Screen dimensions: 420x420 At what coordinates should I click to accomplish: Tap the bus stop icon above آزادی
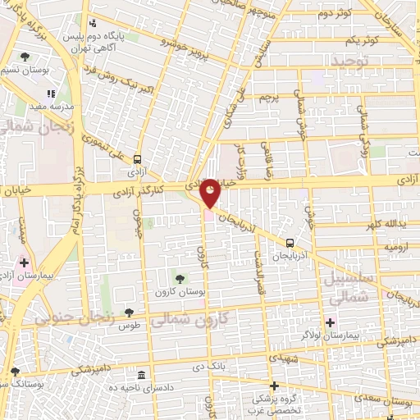coord(137,159)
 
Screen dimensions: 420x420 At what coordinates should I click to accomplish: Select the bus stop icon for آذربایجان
coord(290,242)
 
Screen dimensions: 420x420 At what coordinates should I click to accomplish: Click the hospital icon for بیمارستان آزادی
coord(24,264)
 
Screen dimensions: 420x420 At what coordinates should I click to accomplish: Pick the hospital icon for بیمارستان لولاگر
coord(331,321)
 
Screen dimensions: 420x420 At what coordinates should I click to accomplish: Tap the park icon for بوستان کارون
coord(180,280)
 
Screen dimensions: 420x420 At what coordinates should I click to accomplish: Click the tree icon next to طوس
coord(129,311)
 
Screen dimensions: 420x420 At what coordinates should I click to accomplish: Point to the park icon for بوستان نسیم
coord(25,57)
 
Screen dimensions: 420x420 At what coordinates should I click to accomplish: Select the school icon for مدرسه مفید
coord(51,94)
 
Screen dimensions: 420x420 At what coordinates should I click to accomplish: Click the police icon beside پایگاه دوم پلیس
coord(92,23)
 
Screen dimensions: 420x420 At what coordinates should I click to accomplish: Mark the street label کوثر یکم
coord(362,39)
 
